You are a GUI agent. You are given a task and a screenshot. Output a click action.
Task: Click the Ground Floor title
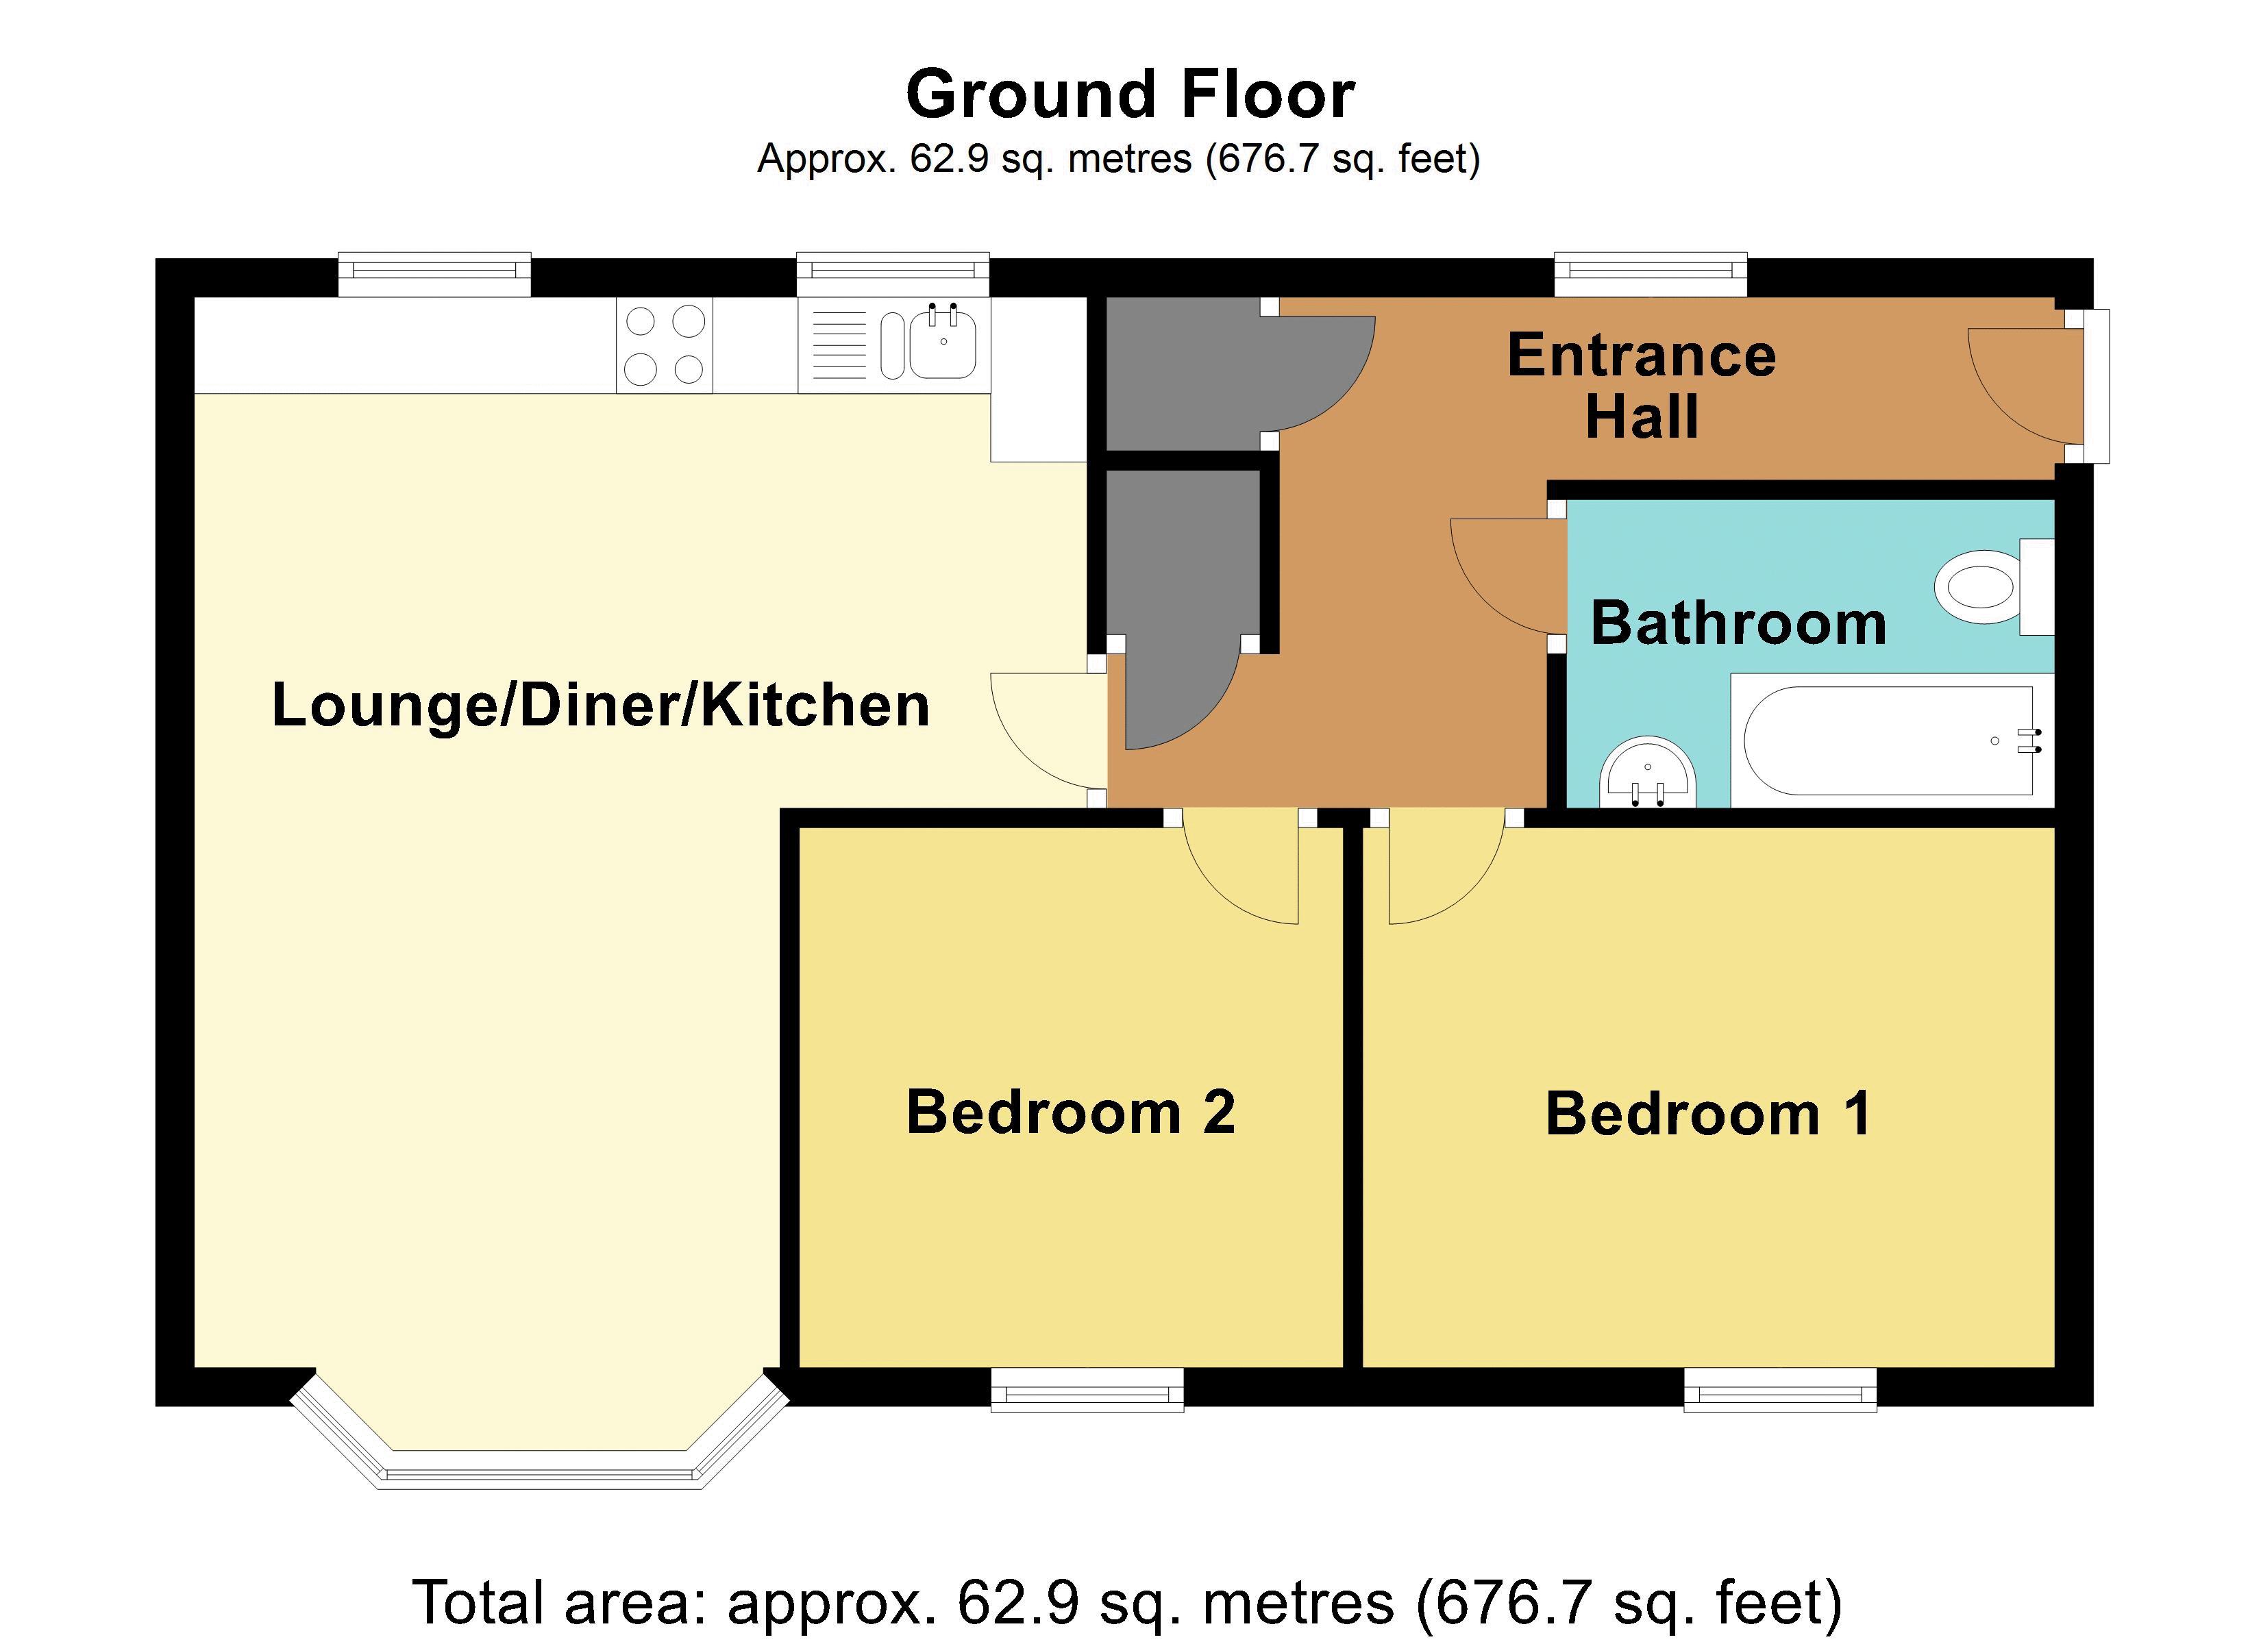pyautogui.click(x=1130, y=95)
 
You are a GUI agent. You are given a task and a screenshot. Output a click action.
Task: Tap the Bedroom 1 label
pyautogui.click(x=1707, y=1114)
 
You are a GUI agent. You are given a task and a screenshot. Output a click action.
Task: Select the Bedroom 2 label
pyautogui.click(x=1071, y=1112)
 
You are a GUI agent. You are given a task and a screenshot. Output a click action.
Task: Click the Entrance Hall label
pyautogui.click(x=1642, y=385)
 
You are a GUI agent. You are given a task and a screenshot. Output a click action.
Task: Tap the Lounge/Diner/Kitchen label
pyautogui.click(x=601, y=706)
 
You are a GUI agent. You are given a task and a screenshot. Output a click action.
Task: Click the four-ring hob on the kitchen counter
pyautogui.click(x=664, y=345)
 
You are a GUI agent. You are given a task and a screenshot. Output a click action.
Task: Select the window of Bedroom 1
pyautogui.click(x=1779, y=1390)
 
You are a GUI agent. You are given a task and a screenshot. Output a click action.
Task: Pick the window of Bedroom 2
pyautogui.click(x=1087, y=1390)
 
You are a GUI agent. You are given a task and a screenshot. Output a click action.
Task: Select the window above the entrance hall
pyautogui.click(x=1651, y=274)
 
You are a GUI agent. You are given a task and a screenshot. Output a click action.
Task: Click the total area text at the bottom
pyautogui.click(x=1128, y=1602)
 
